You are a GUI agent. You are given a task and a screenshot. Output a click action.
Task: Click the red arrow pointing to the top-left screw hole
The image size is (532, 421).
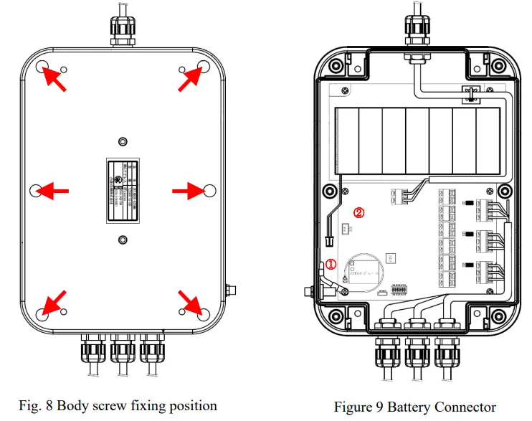(x=54, y=77)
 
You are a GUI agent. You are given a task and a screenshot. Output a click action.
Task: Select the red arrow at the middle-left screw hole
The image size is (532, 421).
(x=53, y=190)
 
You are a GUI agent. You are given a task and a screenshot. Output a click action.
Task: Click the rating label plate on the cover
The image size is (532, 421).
(x=122, y=189)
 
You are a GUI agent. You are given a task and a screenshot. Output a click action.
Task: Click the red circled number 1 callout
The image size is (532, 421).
(x=331, y=264)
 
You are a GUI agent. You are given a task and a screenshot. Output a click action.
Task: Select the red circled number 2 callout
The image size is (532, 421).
(x=360, y=212)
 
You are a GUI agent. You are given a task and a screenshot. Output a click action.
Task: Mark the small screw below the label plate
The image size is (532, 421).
(x=122, y=240)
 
